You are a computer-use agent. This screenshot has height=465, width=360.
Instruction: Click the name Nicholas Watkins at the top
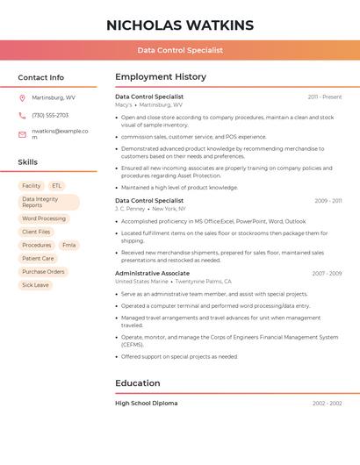pyautogui.click(x=180, y=25)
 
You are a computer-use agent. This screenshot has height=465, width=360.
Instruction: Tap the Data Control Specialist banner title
pyautogui.click(x=180, y=50)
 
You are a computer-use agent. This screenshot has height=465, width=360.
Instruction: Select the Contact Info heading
pyautogui.click(x=40, y=77)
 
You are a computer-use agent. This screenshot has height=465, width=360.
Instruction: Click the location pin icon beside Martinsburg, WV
pyautogui.click(x=22, y=97)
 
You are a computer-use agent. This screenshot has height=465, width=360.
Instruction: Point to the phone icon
pyautogui.click(x=22, y=115)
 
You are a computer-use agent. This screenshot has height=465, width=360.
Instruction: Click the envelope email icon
pyautogui.click(x=22, y=134)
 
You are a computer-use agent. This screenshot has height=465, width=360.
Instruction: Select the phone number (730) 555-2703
pyautogui.click(x=50, y=115)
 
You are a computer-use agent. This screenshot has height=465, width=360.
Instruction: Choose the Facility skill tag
pyautogui.click(x=32, y=186)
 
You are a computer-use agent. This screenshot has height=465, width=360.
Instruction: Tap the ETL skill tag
pyautogui.click(x=57, y=186)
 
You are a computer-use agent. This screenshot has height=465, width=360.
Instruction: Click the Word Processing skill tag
pyautogui.click(x=44, y=218)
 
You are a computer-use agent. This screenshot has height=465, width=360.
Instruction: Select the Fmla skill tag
pyautogui.click(x=68, y=245)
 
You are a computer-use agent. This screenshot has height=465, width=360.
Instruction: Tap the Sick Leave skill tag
pyautogui.click(x=35, y=285)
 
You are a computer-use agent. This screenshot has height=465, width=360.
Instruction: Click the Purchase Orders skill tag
pyautogui.click(x=43, y=272)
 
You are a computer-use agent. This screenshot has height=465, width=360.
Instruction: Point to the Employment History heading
pyautogui.click(x=161, y=77)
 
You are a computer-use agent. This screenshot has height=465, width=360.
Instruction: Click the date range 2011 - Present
pyautogui.click(x=325, y=97)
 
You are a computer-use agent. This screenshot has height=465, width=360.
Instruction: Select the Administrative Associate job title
pyautogui.click(x=150, y=273)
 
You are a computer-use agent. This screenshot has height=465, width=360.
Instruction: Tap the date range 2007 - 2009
pyautogui.click(x=327, y=273)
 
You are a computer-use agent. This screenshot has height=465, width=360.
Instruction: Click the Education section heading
pyautogui.click(x=138, y=383)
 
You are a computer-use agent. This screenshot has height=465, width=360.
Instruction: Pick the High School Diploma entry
pyautogui.click(x=147, y=403)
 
